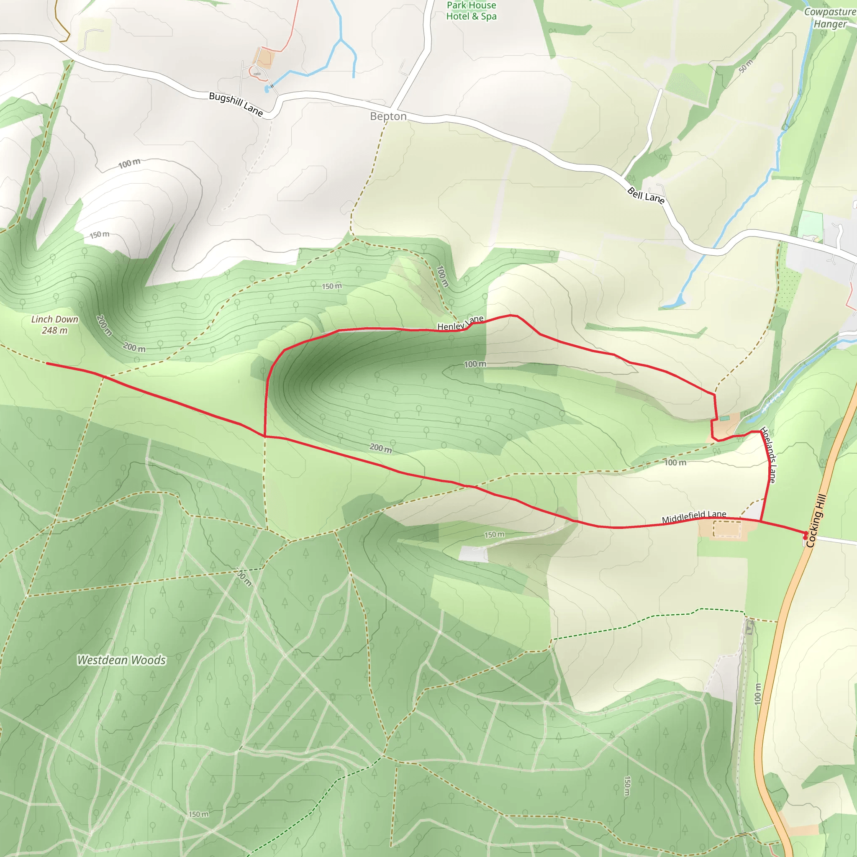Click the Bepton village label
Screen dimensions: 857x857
pyautogui.click(x=388, y=116)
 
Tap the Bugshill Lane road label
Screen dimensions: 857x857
pyautogui.click(x=236, y=104)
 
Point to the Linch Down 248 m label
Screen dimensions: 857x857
pyautogui.click(x=54, y=325)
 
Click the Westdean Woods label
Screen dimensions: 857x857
pyautogui.click(x=121, y=660)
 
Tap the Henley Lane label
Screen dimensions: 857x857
pyautogui.click(x=460, y=323)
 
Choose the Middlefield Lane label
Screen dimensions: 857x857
pyautogui.click(x=694, y=517)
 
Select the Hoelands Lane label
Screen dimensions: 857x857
pyautogui.click(x=768, y=455)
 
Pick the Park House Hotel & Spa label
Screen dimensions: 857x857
pyautogui.click(x=471, y=10)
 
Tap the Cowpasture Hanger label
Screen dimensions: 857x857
pyautogui.click(x=830, y=18)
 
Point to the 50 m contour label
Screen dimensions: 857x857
pyautogui.click(x=746, y=66)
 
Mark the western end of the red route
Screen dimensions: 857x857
pyautogui.click(x=47, y=363)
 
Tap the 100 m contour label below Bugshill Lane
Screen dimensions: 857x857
pyautogui.click(x=129, y=164)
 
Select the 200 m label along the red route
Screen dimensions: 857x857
pyautogui.click(x=381, y=448)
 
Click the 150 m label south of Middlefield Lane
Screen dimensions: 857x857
pyautogui.click(x=494, y=534)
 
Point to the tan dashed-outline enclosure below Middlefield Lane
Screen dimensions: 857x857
pyautogui.click(x=726, y=529)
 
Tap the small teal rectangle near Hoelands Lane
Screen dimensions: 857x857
pyautogui.click(x=724, y=418)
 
